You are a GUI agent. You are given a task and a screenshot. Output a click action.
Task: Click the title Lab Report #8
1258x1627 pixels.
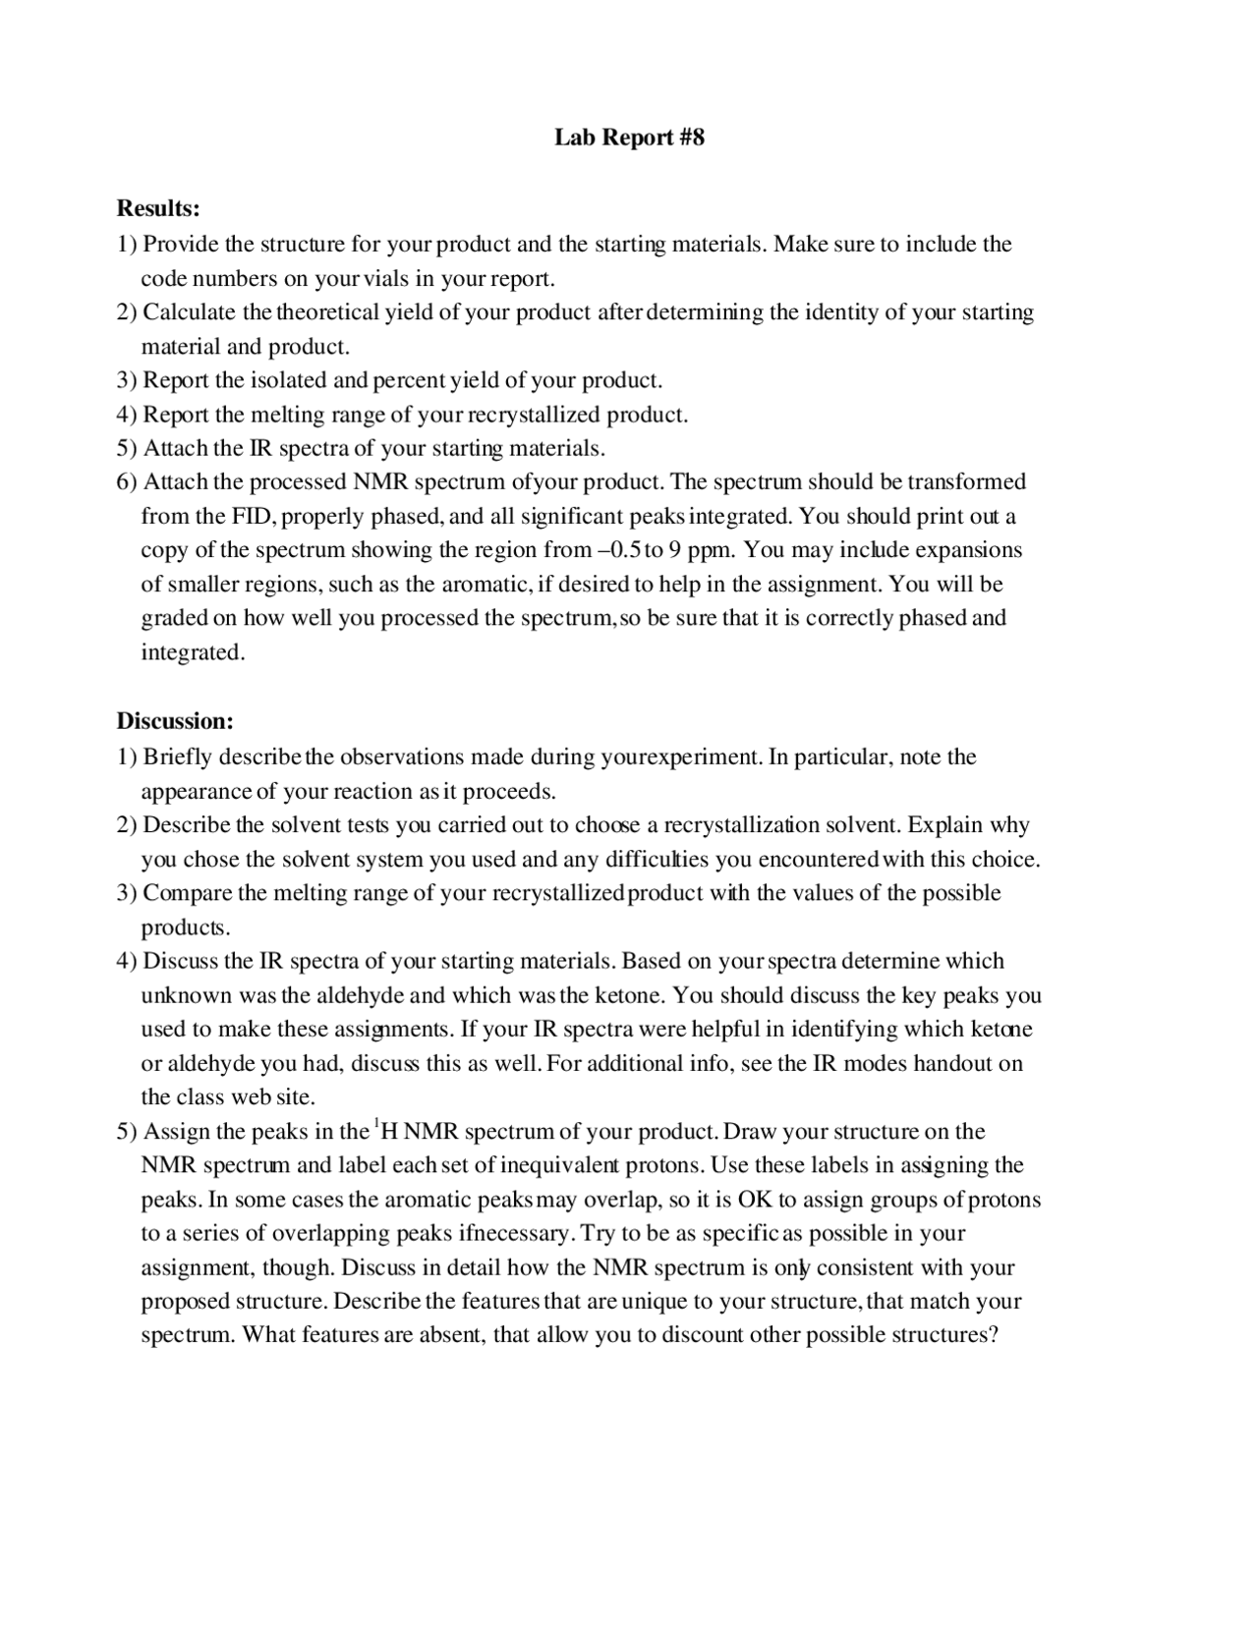pos(629,137)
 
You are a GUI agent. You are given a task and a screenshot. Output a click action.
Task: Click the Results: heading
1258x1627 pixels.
pos(158,208)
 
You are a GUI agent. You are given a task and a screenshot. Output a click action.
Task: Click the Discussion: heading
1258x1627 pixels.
pos(175,721)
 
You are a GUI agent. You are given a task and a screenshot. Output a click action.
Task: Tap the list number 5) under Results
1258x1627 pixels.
pos(128,448)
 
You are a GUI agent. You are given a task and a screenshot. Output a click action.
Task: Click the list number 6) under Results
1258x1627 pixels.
pos(128,482)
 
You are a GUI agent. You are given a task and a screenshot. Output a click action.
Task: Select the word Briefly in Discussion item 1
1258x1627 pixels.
pos(178,757)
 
